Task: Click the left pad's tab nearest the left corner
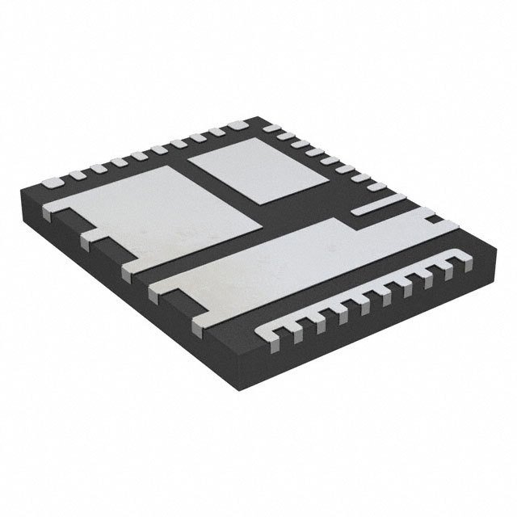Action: coord(50,211)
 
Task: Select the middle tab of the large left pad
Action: coord(86,238)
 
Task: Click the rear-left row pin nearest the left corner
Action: coord(53,179)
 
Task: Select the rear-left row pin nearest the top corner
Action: coord(237,126)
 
